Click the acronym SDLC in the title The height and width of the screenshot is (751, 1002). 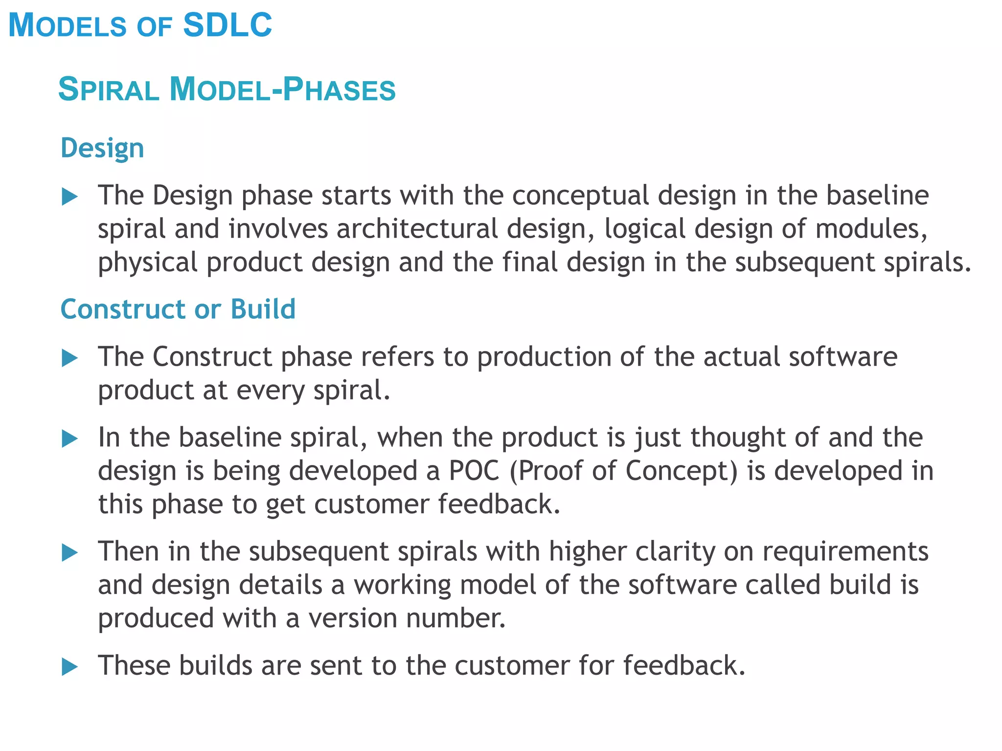tap(228, 25)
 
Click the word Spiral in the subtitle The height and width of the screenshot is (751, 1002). tap(109, 89)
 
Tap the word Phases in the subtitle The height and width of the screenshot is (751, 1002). tap(340, 89)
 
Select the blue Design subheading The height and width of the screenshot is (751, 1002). tap(102, 148)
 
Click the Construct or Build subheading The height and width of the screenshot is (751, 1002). tap(178, 309)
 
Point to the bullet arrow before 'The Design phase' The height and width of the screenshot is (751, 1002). tap(70, 197)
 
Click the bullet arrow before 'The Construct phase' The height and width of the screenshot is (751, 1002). tap(70, 358)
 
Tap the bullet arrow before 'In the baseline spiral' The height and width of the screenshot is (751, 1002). tap(70, 439)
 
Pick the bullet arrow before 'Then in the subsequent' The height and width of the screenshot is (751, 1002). tap(70, 553)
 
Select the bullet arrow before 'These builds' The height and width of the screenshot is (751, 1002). tap(70, 667)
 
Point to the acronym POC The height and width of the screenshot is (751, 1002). tap(474, 471)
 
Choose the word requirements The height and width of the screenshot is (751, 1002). tap(845, 552)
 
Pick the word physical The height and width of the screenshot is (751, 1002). tap(148, 263)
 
